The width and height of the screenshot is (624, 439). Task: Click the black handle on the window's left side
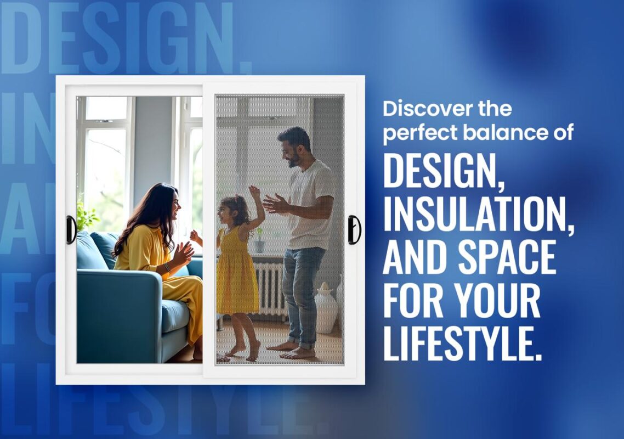click(71, 229)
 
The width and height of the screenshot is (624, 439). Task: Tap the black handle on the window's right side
click(354, 229)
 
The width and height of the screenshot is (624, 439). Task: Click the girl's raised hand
click(254, 192)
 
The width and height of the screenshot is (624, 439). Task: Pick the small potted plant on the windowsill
click(259, 241)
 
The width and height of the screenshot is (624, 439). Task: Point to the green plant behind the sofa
click(87, 216)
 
